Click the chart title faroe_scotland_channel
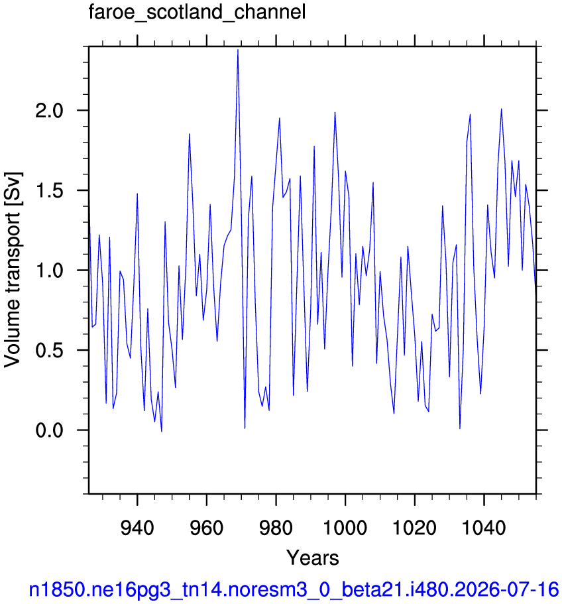[197, 12]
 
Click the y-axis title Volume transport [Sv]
[13, 270]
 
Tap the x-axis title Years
[312, 558]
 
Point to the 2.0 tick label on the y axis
[49, 111]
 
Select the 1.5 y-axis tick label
[49, 191]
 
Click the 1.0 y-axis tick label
[49, 271]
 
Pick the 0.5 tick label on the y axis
[49, 350]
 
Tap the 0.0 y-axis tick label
[49, 430]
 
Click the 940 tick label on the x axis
[137, 527]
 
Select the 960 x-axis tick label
[207, 527]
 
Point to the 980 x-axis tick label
[276, 527]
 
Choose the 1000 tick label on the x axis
[345, 527]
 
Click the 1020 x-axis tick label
[415, 527]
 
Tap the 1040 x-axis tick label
[484, 527]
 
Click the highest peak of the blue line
[238, 50]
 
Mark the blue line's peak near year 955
[190, 134]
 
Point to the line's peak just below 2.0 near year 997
[335, 113]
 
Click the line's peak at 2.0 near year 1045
[501, 109]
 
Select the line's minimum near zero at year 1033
[460, 428]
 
